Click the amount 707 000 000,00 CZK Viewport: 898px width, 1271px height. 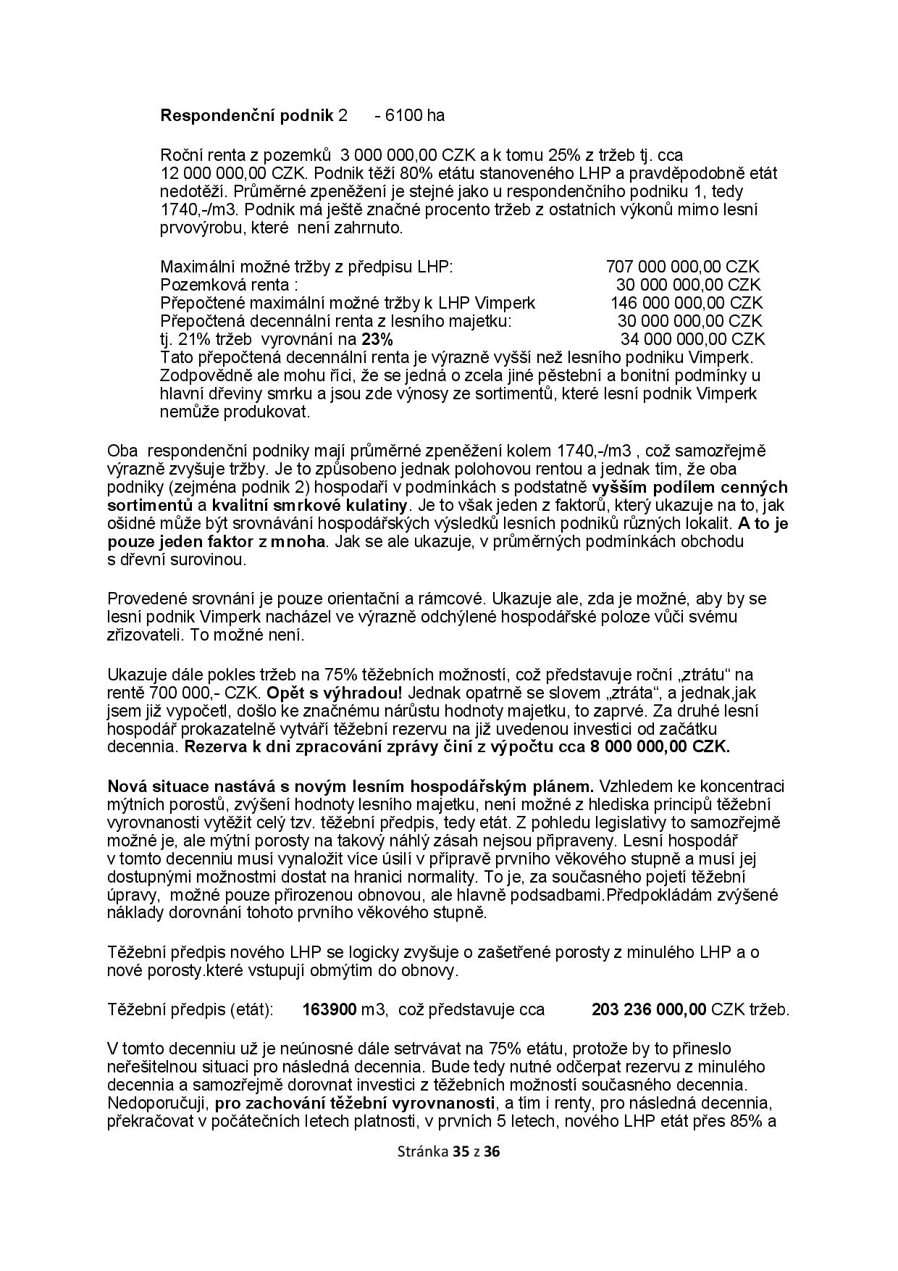[682, 267]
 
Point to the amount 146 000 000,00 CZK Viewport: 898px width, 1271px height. [686, 303]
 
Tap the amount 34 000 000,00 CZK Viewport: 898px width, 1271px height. [692, 339]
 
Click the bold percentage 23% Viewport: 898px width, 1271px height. [377, 339]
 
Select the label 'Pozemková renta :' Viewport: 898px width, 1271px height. [229, 285]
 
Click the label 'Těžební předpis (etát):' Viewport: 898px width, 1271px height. [190, 1009]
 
